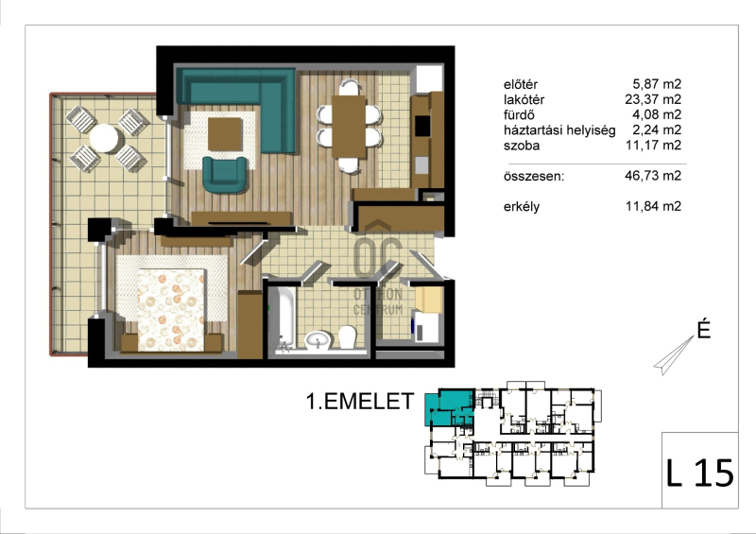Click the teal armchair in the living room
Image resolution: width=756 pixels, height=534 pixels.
tap(224, 175)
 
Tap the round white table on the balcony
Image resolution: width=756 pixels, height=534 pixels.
tap(104, 138)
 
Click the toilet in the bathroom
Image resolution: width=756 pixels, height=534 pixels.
tap(347, 336)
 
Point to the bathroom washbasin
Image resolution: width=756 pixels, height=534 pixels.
tap(318, 340)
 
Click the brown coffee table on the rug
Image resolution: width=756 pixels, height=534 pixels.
tap(225, 134)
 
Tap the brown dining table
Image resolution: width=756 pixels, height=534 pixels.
tap(349, 127)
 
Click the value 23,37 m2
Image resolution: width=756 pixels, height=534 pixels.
tap(653, 99)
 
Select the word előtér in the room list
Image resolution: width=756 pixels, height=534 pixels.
tap(521, 84)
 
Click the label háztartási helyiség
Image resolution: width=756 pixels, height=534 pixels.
tap(559, 130)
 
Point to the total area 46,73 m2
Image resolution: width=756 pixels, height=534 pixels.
tap(653, 176)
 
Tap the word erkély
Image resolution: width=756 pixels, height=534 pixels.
tap(522, 207)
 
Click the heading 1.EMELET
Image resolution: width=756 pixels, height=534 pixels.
tap(360, 402)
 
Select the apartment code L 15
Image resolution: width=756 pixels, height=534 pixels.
tap(699, 473)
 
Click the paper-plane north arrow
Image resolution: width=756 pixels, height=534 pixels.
tap(674, 355)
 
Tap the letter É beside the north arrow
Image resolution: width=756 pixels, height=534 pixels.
tap(704, 330)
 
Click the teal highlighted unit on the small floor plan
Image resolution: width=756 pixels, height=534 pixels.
tap(449, 407)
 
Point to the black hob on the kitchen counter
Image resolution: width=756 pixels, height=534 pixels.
tap(422, 127)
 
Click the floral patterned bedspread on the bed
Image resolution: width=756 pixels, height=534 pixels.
tap(171, 310)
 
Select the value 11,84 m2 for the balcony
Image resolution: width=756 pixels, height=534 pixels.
tap(653, 206)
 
